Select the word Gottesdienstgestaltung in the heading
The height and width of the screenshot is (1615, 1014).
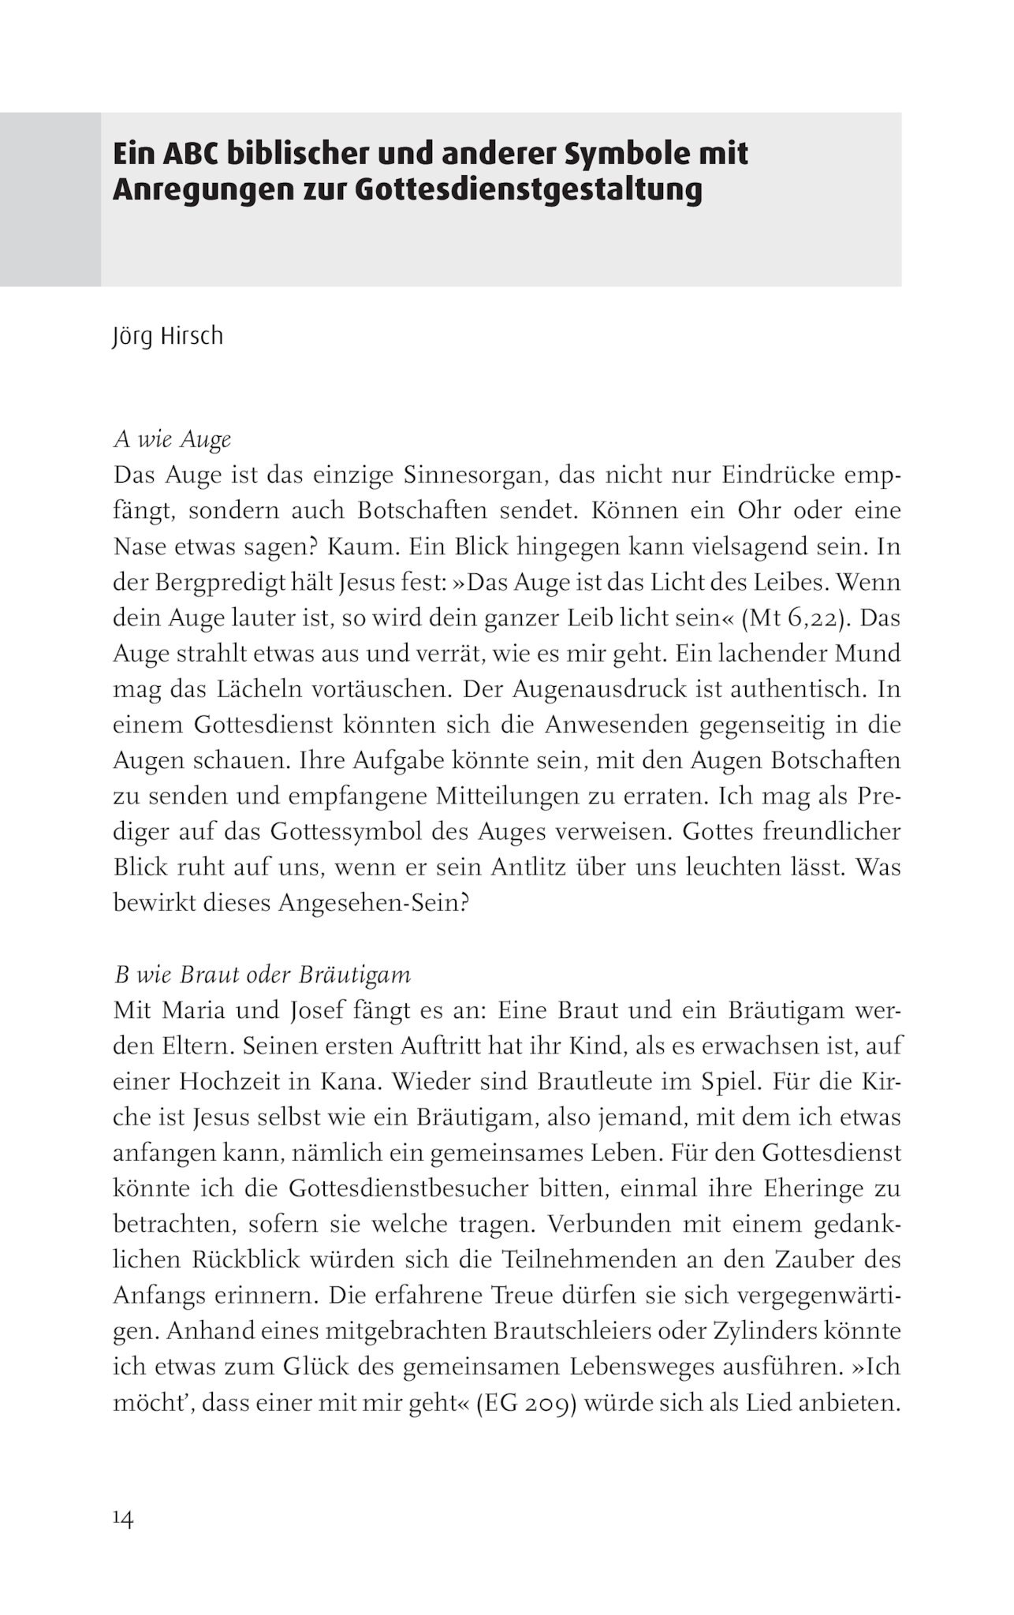(x=528, y=190)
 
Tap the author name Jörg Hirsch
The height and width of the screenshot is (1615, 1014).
(x=168, y=336)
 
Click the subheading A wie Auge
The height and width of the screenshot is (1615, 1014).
(x=173, y=439)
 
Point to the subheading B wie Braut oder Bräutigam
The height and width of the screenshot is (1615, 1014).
(x=263, y=975)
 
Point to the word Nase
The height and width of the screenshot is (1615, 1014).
(x=139, y=546)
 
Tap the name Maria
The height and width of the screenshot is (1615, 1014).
(x=215, y=1011)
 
